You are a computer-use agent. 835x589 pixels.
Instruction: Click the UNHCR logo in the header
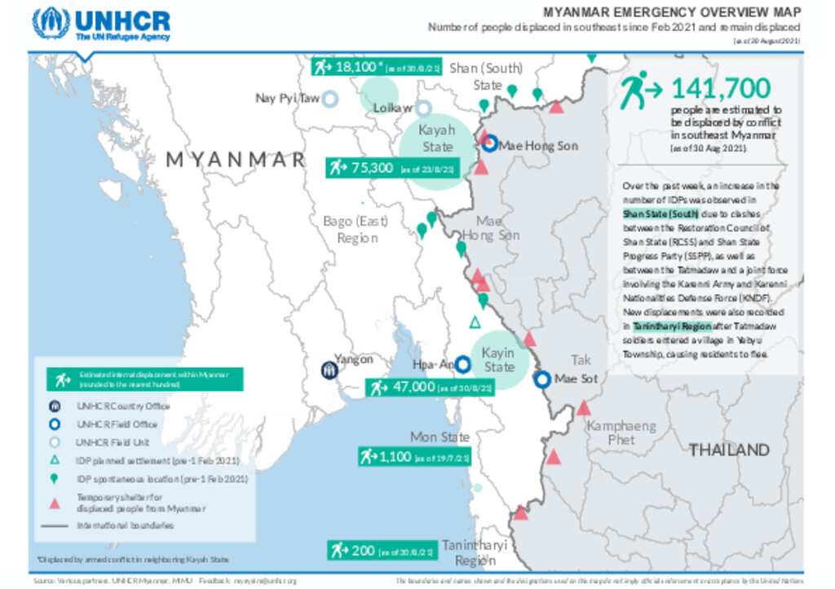point(102,24)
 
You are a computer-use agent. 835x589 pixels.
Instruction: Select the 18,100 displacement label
point(378,67)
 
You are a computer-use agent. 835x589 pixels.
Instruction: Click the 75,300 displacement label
point(391,168)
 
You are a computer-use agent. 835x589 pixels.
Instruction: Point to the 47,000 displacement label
point(431,387)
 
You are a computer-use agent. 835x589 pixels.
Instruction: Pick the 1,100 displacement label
point(414,457)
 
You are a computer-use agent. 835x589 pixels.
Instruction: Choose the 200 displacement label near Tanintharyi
point(382,551)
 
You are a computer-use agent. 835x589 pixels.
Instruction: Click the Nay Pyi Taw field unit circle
point(329,99)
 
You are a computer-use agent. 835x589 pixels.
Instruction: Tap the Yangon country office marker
point(328,370)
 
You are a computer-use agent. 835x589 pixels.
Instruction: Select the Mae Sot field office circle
point(542,379)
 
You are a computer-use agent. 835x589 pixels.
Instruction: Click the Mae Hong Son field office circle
point(488,145)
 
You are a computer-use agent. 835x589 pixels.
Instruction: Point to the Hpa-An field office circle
point(462,364)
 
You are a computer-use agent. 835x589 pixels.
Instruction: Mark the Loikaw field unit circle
point(423,108)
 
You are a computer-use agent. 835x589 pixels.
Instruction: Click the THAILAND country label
point(729,450)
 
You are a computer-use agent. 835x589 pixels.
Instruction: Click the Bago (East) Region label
point(355,229)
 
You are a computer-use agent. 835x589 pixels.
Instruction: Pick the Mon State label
point(440,437)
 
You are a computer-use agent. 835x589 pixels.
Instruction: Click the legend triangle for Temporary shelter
point(55,503)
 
